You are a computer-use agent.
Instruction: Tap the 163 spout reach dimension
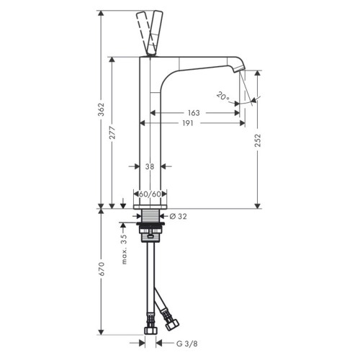point(192,113)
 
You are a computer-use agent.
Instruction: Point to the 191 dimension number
point(187,123)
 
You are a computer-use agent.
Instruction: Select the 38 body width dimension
point(150,166)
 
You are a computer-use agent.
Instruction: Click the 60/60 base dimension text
point(150,194)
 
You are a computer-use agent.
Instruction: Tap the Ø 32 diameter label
point(180,215)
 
